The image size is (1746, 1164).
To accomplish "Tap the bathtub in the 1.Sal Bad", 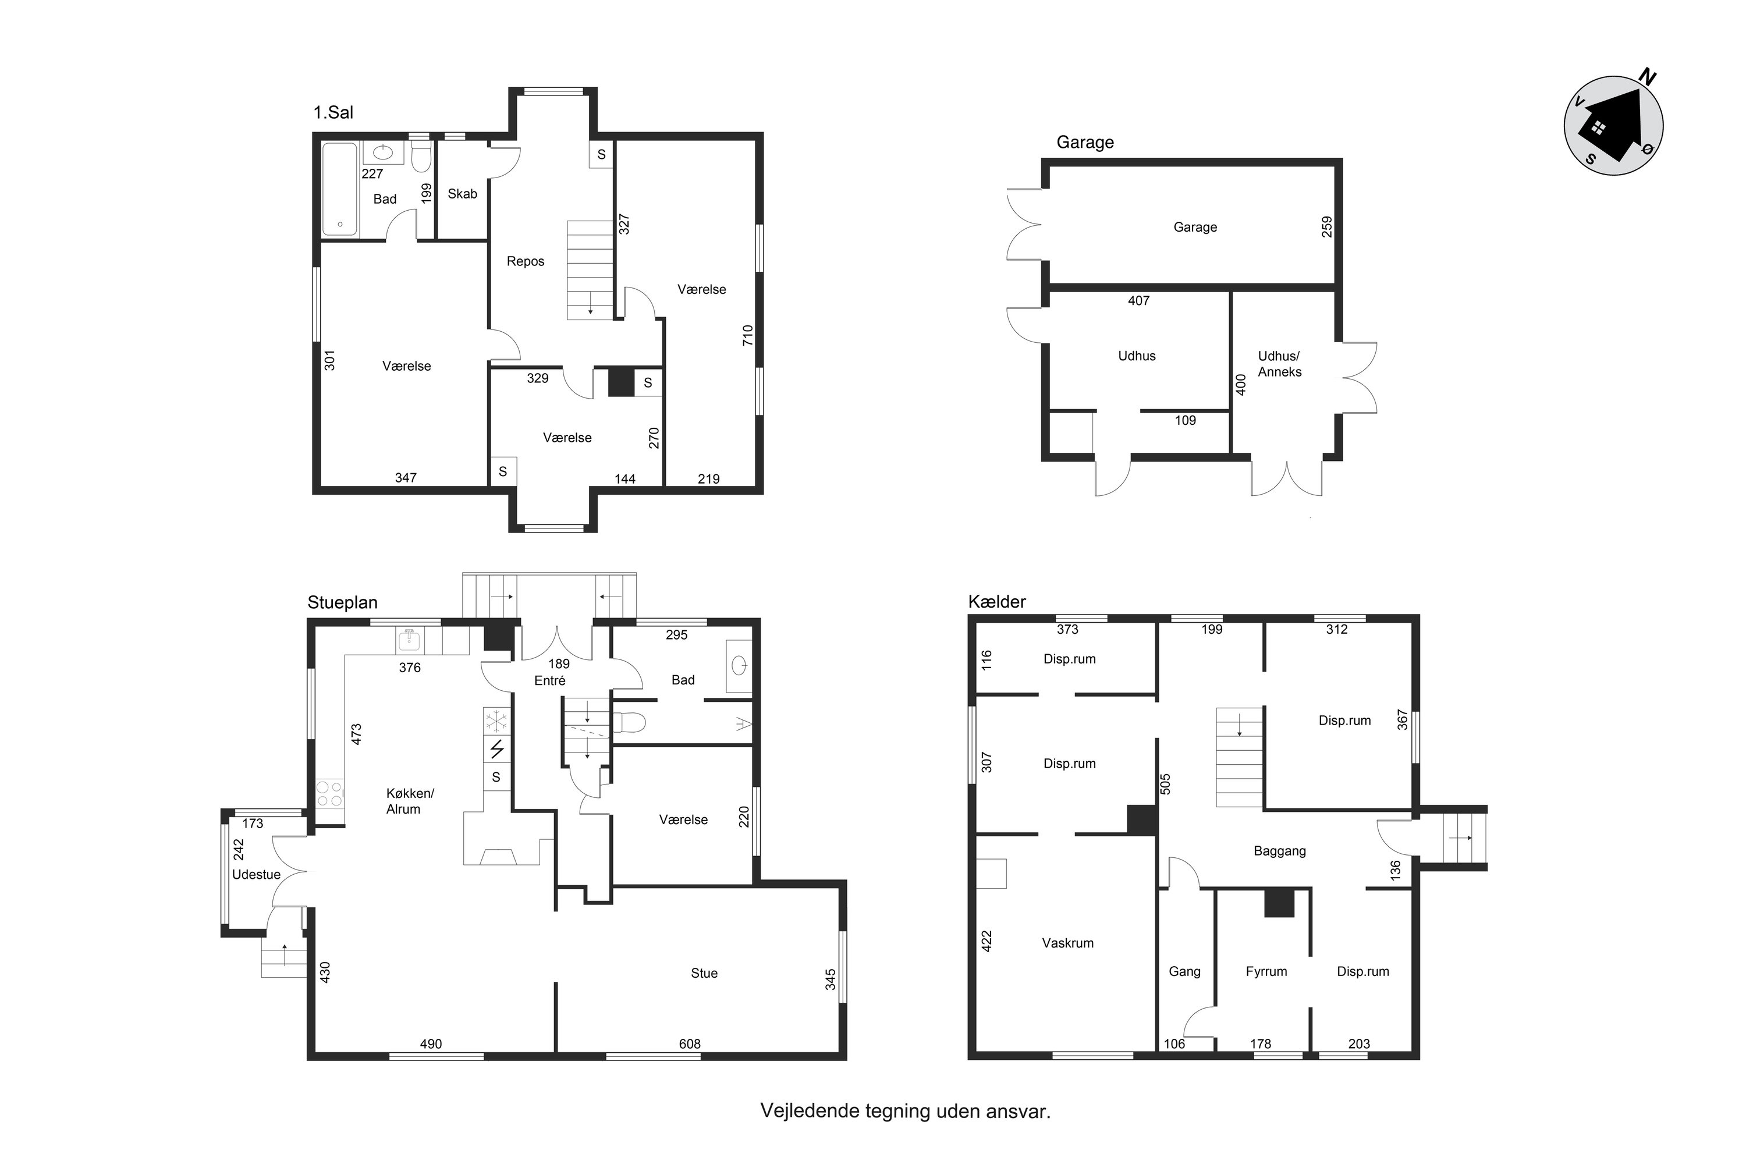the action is coord(340,189).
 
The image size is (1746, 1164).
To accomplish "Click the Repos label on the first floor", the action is coord(526,261).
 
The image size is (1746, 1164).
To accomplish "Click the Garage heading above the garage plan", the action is coord(1085,142).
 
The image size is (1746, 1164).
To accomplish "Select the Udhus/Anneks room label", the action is coord(1280,364).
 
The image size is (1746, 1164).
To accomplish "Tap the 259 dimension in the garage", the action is coord(1326,226).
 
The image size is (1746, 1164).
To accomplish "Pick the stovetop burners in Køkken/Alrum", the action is coord(331,794).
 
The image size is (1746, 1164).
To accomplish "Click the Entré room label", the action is coord(550,680).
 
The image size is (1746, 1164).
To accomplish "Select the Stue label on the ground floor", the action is coord(704,973).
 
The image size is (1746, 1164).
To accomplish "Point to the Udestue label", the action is coord(256,875).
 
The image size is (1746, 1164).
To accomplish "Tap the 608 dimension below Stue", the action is coord(690,1044).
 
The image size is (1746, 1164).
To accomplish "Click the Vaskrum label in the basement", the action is coord(1067,943).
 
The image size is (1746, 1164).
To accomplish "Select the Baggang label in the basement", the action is coord(1280,851).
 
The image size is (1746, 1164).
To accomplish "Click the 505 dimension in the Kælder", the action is coord(1165,784).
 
